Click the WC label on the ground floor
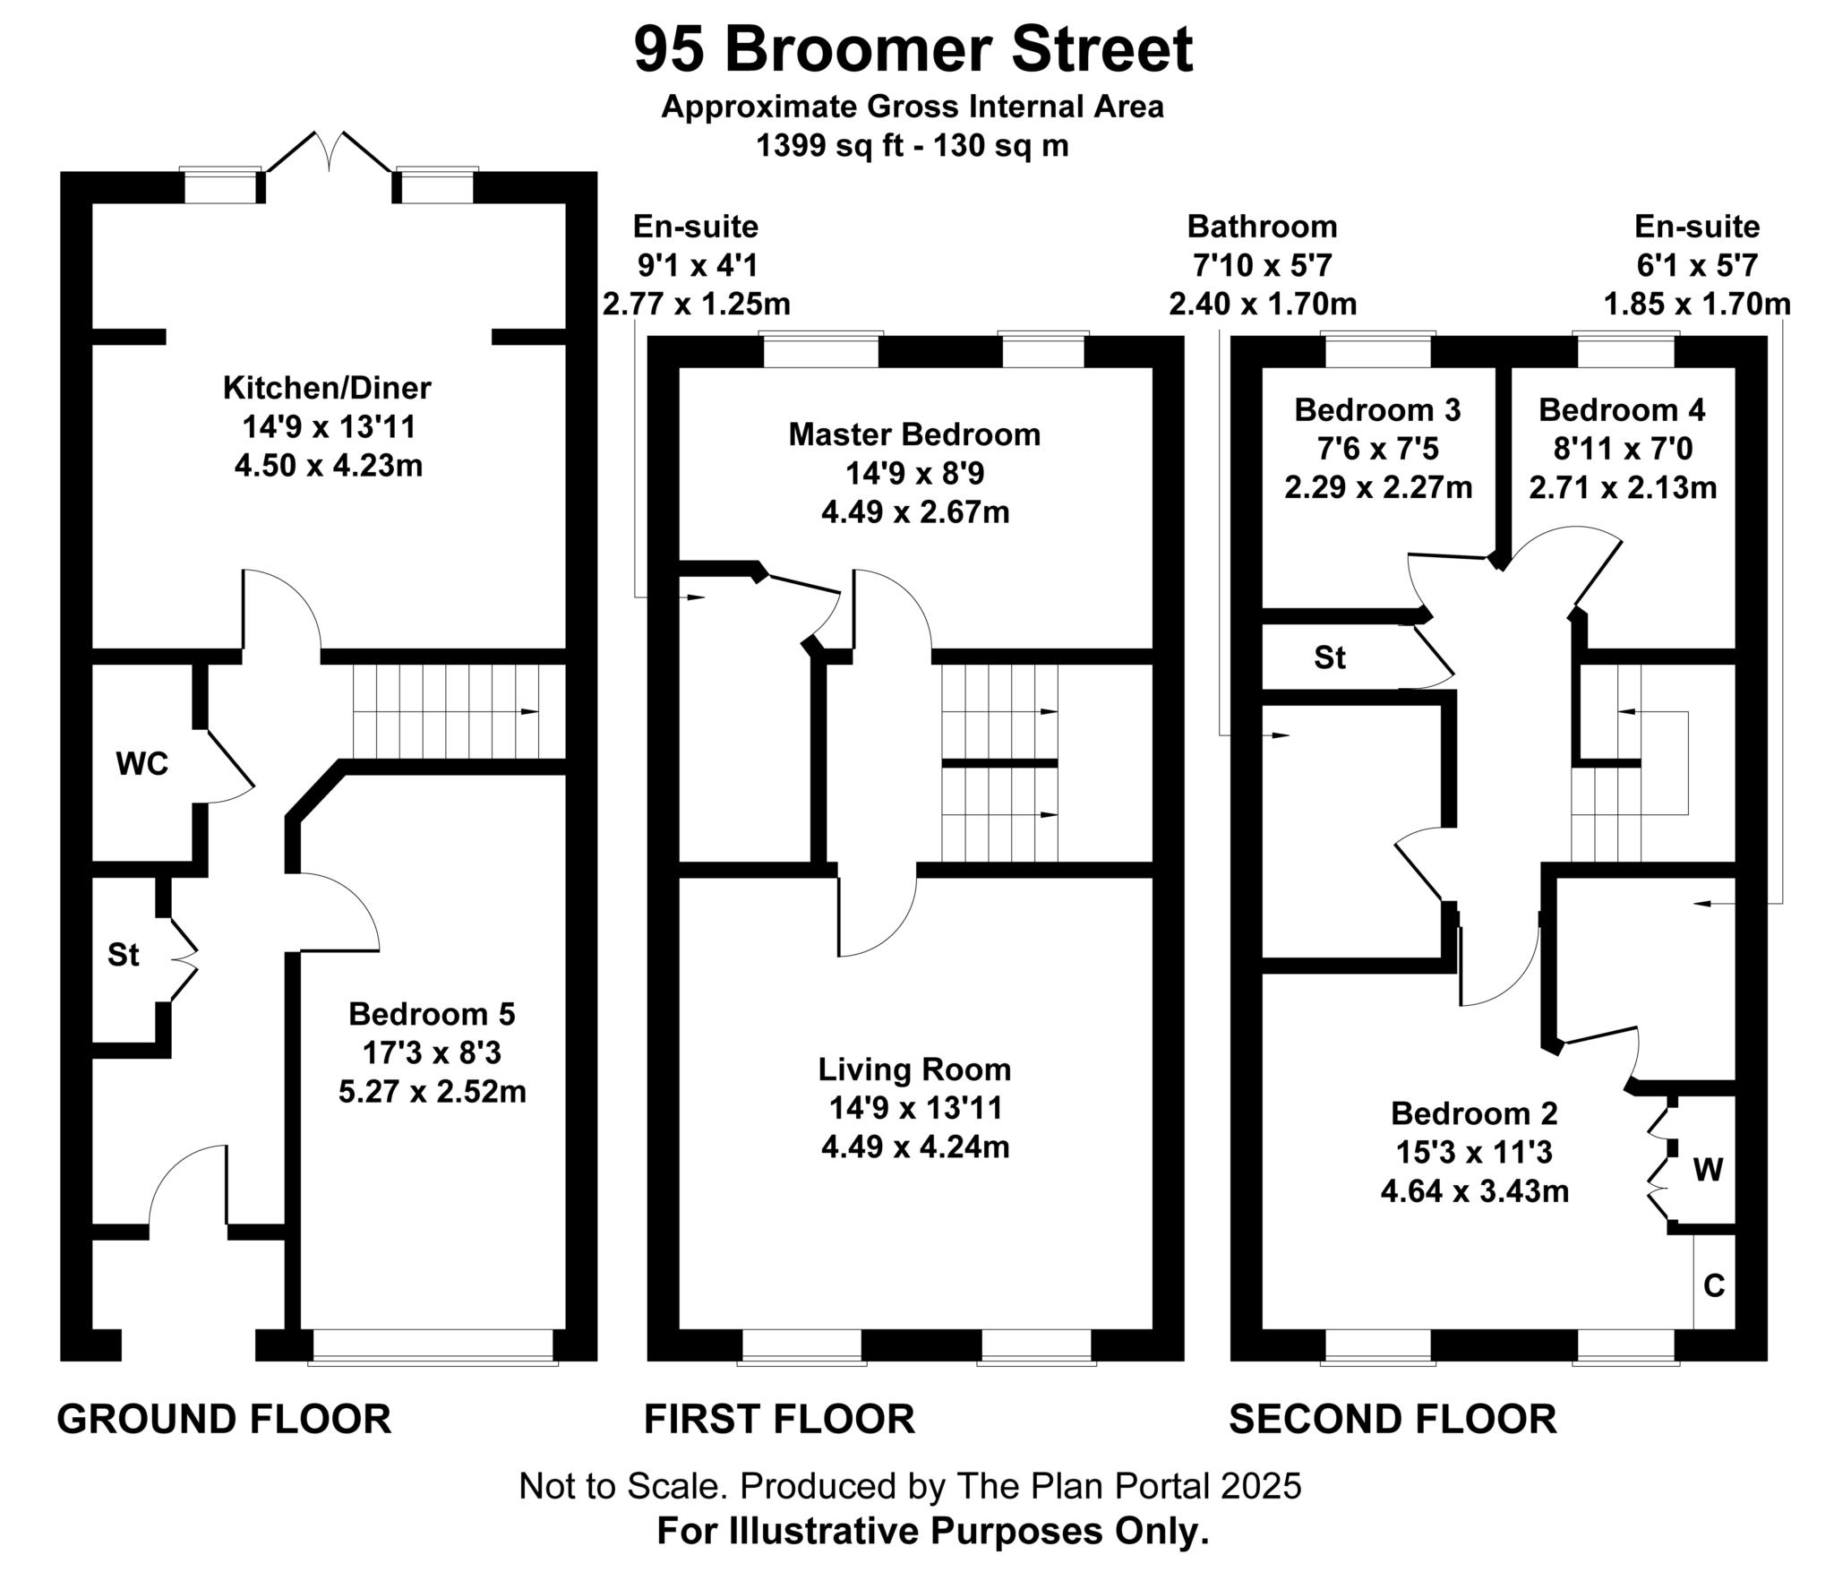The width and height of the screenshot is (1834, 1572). click(141, 764)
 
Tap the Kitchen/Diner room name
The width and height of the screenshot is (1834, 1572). click(327, 388)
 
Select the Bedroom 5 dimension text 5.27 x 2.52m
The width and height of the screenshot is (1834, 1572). click(432, 1092)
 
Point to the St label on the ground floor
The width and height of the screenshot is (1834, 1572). click(124, 955)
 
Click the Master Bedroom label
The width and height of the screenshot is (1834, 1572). click(914, 434)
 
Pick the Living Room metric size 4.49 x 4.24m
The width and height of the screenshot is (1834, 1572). click(914, 1147)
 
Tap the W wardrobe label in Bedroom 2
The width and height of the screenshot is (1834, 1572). click(1708, 1169)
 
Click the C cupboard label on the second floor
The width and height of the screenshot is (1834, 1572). click(1713, 1286)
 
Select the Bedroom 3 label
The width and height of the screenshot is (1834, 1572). click(1377, 410)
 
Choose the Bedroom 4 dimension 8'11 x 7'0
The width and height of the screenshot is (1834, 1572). click(1622, 449)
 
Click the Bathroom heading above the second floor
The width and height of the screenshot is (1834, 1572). click(1262, 227)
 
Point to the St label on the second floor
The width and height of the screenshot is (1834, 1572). click(1329, 658)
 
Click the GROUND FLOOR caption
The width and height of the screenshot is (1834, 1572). click(224, 1420)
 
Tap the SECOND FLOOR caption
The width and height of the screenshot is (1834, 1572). click(1393, 1420)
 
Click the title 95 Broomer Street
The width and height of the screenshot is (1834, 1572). click(913, 50)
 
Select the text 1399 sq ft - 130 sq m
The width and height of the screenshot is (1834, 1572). click(913, 145)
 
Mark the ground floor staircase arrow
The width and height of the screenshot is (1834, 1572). click(530, 712)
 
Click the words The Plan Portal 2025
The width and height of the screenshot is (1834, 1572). click(1128, 1486)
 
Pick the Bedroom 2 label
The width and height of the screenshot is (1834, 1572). click(1473, 1113)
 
